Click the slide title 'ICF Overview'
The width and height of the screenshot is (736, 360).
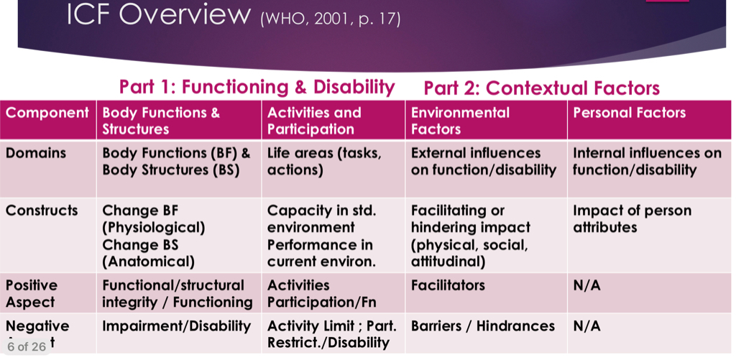tap(159, 14)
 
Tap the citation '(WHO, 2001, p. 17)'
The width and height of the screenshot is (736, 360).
tap(331, 19)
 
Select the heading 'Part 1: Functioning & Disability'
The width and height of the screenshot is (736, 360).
tap(257, 87)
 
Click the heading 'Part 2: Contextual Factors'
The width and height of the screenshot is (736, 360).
tap(542, 88)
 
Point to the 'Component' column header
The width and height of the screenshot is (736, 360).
tap(47, 113)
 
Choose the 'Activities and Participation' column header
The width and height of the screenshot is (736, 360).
tap(314, 121)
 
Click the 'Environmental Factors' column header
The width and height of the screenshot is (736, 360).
tap(460, 121)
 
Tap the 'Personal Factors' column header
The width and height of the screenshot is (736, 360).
tap(630, 113)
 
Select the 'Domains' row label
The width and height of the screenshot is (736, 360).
tap(36, 153)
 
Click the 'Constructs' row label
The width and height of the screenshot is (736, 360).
tap(42, 211)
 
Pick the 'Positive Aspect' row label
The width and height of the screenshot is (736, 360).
tap(32, 294)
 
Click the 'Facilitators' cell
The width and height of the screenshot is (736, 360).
tap(448, 285)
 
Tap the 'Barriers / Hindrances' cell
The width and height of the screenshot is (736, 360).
tap(483, 326)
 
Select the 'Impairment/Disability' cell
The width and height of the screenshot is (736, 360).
tap(177, 326)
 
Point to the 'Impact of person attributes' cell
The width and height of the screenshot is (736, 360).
tap(632, 218)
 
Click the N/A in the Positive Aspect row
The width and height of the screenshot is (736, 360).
tap(586, 285)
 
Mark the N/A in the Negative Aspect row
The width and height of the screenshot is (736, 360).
tap(586, 326)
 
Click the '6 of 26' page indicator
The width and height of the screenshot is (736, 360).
tap(27, 347)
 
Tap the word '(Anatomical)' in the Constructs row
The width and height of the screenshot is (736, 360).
tap(148, 262)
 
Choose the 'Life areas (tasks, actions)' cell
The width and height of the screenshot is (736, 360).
tap(324, 162)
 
